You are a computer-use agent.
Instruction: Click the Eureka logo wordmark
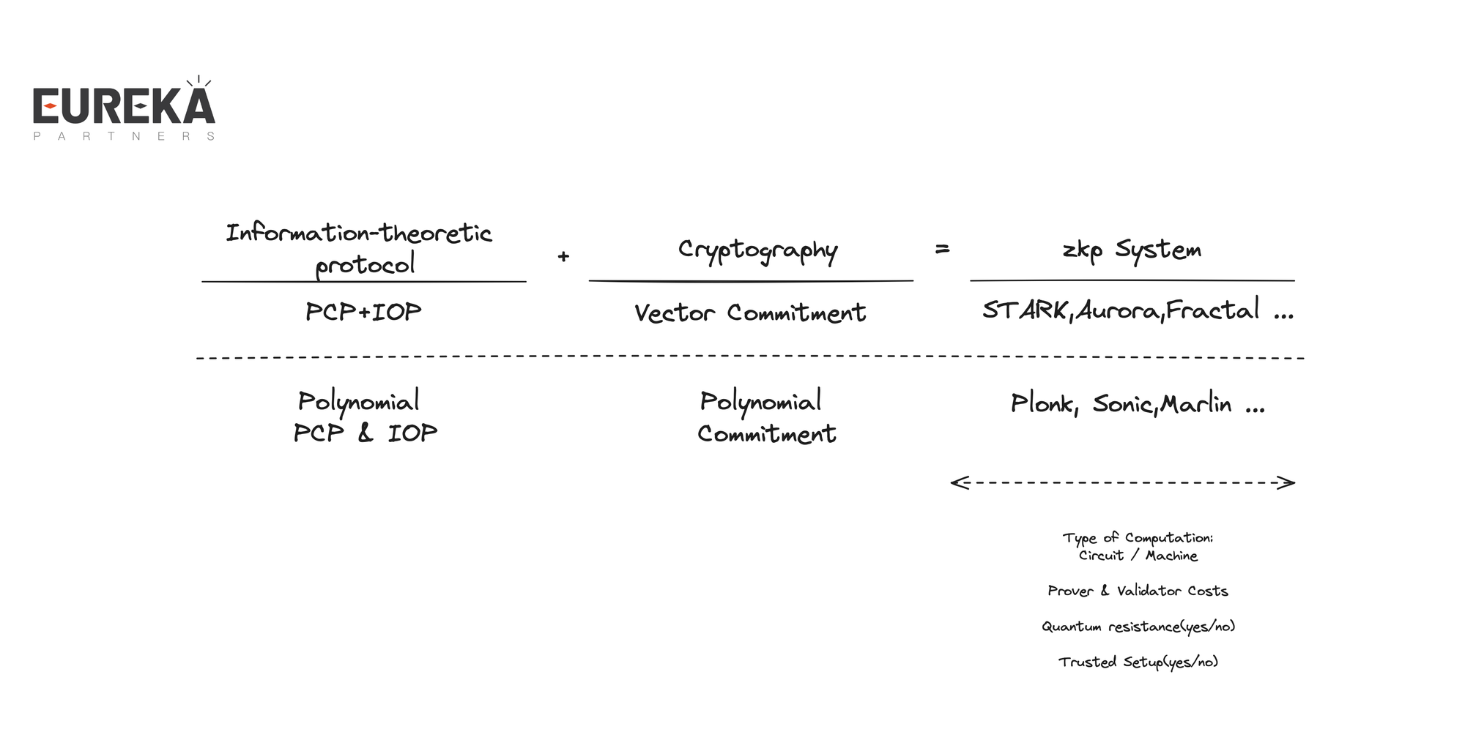(x=124, y=106)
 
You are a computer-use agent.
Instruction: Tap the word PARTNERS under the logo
(x=124, y=136)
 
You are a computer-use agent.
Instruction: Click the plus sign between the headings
(x=563, y=256)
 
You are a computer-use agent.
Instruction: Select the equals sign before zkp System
(x=943, y=250)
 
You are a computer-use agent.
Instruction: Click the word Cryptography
(x=757, y=250)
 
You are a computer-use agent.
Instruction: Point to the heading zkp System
(x=1132, y=250)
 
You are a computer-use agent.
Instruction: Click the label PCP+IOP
(x=363, y=312)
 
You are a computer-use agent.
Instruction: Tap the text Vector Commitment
(x=750, y=313)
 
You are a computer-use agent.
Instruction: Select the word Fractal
(x=1212, y=310)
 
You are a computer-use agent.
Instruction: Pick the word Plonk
(x=1042, y=403)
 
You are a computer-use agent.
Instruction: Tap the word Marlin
(x=1196, y=404)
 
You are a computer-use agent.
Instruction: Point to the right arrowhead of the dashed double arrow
(x=1288, y=482)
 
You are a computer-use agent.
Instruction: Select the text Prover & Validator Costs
(x=1138, y=591)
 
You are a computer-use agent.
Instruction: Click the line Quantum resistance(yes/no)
(x=1138, y=627)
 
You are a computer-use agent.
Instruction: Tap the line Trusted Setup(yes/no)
(x=1138, y=662)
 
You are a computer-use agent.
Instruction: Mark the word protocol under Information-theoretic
(x=365, y=265)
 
